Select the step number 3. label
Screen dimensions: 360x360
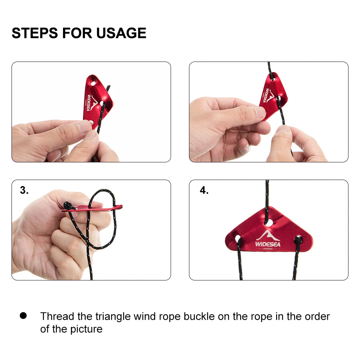[x=24, y=190]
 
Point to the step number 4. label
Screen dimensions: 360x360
[x=204, y=190]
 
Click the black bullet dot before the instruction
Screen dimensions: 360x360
[x=23, y=316]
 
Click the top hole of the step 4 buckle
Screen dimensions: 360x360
[x=269, y=223]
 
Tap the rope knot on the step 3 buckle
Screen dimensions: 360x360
[x=67, y=206]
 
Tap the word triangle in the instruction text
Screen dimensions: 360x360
[x=113, y=316]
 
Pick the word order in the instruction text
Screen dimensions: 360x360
[x=317, y=316]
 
